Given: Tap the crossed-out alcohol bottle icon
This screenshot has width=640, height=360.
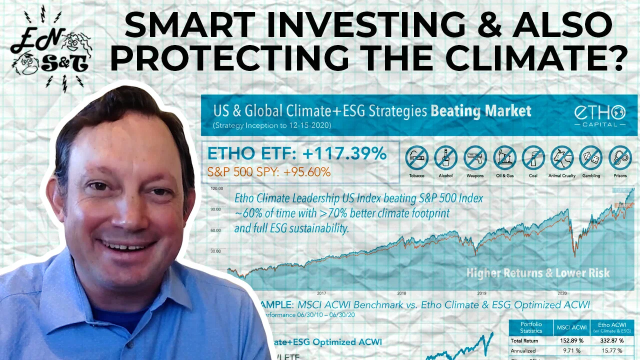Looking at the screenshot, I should pos(446,158).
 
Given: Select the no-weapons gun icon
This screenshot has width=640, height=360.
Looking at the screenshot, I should pos(475,158).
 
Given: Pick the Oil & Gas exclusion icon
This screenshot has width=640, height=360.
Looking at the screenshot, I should pos(504,158).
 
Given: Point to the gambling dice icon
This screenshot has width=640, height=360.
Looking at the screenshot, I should pos(591,158).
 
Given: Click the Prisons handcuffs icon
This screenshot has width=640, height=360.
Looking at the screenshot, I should pos(620,158).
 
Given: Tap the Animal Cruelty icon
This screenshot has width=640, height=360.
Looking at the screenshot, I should pos(562,158).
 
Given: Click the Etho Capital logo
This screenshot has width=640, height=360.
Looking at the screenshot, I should pos(606,115).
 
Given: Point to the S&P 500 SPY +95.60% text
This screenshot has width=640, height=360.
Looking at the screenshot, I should pos(269,172).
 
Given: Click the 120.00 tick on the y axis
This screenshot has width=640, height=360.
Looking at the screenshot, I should pos(216,188).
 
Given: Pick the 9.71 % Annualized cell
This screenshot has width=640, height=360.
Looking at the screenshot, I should pos(570,350).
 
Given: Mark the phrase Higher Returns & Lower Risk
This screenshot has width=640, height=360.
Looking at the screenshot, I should pos(537,273).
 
